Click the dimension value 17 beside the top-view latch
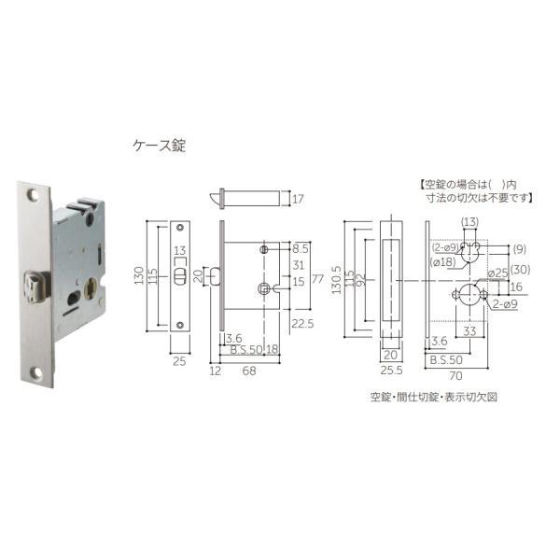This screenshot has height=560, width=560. tap(298, 199)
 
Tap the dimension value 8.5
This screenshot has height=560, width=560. tap(300, 250)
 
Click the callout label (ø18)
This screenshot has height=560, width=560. tap(443, 264)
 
